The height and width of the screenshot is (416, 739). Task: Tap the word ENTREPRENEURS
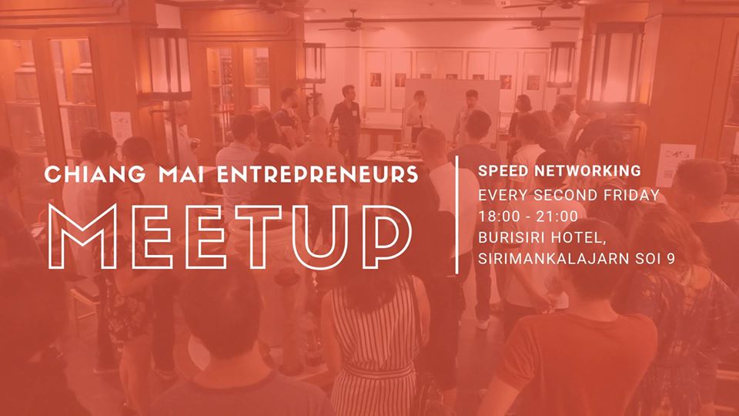tap(318, 174)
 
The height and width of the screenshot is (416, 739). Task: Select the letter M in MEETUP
tap(83, 237)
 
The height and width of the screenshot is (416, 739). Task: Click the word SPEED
tap(501, 171)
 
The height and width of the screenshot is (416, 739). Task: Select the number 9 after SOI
tap(670, 259)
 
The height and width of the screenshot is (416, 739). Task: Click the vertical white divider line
tap(457, 215)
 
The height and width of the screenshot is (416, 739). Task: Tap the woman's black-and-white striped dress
tap(373, 349)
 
